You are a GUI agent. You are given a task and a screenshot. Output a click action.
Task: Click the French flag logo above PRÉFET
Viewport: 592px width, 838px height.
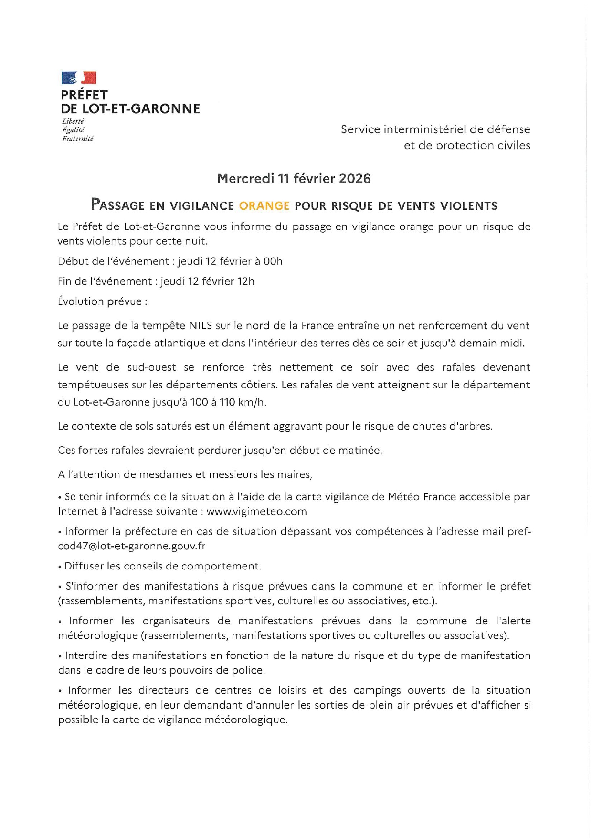pos(79,77)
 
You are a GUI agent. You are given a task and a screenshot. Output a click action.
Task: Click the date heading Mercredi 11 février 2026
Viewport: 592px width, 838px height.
pos(294,178)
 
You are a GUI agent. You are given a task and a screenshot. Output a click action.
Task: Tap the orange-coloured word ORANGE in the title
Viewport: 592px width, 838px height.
pos(264,206)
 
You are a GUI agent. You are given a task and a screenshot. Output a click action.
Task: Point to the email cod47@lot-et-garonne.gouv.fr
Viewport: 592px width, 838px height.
pos(131,546)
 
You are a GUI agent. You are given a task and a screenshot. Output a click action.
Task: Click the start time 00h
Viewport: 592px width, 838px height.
pos(273,261)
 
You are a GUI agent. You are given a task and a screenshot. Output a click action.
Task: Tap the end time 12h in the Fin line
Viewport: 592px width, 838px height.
pos(245,281)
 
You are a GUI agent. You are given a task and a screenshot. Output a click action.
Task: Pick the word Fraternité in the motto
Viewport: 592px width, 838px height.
pos(78,139)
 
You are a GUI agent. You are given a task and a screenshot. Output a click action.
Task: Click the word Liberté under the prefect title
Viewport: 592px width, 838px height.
pos(73,121)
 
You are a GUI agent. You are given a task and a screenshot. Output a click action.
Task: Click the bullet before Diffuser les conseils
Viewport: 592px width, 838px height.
pos(60,567)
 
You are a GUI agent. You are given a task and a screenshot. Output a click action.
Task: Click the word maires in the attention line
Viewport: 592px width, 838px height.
pos(296,475)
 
